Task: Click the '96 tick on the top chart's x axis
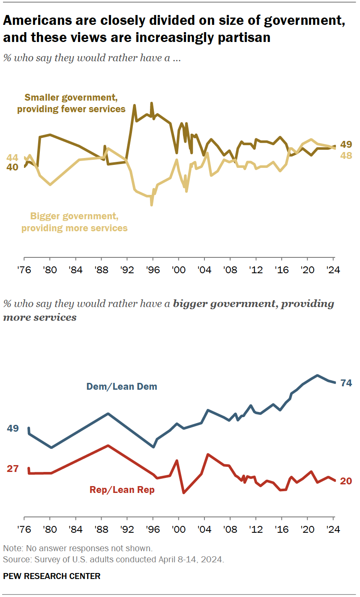[153, 270]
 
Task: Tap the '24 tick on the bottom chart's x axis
[333, 528]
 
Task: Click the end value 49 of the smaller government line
[346, 144]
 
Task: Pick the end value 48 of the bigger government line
[346, 156]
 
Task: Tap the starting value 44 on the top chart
[12, 157]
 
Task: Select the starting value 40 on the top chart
[12, 167]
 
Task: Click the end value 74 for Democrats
[346, 383]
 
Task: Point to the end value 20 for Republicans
[346, 481]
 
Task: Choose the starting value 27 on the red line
[12, 469]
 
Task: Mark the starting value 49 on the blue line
[12, 428]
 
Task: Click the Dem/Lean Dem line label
[122, 386]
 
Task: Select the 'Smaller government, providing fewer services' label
[71, 103]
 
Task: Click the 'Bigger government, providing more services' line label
[75, 222]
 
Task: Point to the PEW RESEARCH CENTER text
[51, 576]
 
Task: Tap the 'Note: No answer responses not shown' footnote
[78, 548]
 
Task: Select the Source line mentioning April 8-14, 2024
[114, 559]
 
